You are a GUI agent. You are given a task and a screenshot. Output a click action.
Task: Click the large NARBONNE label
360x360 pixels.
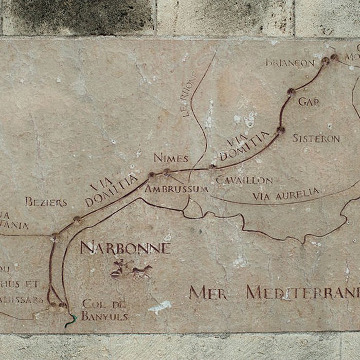[x=125, y=248]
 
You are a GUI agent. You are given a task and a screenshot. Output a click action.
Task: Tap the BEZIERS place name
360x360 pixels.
[x=46, y=202]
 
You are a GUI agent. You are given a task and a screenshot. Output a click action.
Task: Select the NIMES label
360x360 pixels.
[x=171, y=158]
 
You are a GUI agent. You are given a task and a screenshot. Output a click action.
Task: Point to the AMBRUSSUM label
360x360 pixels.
[x=176, y=189]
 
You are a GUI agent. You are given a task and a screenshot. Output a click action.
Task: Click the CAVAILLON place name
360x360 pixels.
[x=244, y=180]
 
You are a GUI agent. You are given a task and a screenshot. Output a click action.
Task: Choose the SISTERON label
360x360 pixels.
[x=316, y=138]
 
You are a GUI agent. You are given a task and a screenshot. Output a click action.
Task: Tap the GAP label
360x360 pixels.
[x=309, y=101]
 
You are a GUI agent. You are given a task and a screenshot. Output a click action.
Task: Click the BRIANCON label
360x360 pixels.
[x=290, y=62]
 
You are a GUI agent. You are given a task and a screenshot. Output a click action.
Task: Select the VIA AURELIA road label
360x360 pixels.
[x=285, y=194]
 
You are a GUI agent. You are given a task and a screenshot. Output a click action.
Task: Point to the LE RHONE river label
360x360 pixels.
[x=190, y=95]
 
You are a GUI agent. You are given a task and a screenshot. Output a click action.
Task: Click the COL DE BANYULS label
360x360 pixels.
[x=104, y=310]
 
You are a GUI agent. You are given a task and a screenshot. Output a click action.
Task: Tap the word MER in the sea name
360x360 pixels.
[x=208, y=293]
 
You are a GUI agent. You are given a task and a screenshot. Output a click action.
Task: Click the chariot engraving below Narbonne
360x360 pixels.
[x=132, y=269]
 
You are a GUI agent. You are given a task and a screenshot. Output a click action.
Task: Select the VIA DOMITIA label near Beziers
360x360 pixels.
[x=112, y=189]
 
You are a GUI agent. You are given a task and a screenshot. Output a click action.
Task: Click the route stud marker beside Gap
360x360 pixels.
[x=291, y=92]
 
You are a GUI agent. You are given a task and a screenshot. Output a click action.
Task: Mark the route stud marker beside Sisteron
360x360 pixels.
[x=280, y=130]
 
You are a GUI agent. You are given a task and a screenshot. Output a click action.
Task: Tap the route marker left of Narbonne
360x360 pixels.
[x=54, y=237]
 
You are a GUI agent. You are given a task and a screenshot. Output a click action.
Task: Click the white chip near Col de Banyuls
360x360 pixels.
[x=160, y=307]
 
